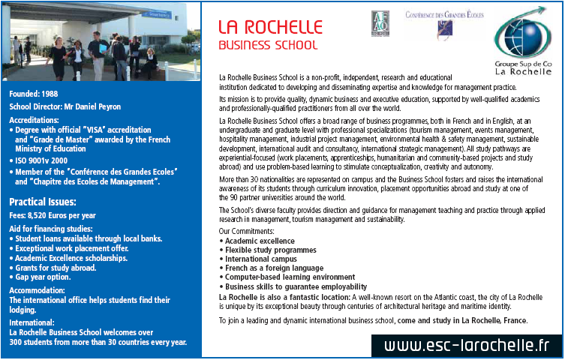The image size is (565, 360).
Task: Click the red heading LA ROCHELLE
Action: (269, 27)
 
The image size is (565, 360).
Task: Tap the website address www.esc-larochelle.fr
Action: (466, 346)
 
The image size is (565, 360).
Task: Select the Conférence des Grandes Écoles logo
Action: (444, 23)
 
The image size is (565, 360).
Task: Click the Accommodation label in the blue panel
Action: (37, 290)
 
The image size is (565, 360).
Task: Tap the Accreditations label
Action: (34, 120)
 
